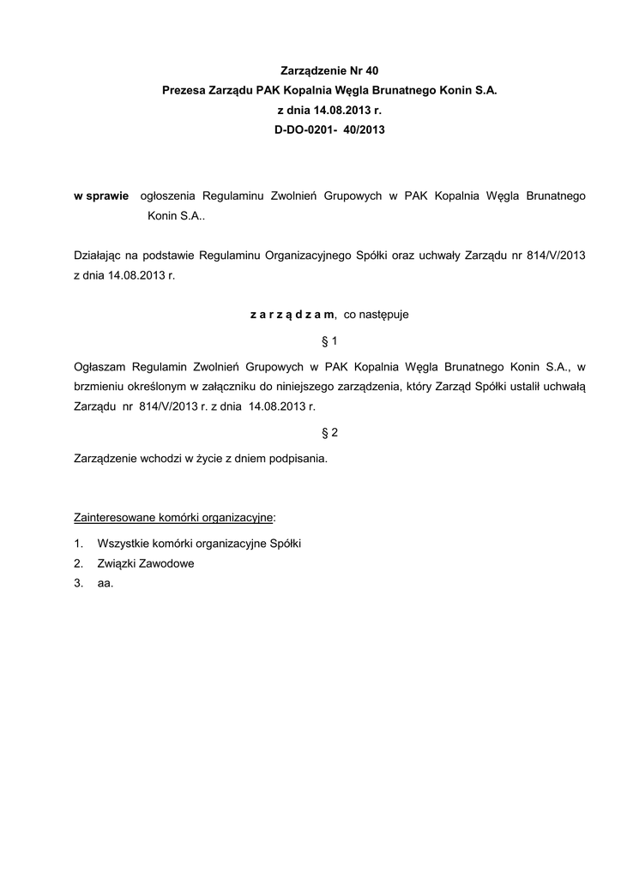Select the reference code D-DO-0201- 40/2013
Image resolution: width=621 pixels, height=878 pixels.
(x=330, y=133)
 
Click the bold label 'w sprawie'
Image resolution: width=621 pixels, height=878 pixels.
(x=101, y=196)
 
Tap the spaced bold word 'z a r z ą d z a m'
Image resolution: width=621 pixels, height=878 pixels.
(x=292, y=314)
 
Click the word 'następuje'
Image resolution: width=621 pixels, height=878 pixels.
(x=377, y=314)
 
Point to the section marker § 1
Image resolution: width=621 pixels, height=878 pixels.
(x=330, y=341)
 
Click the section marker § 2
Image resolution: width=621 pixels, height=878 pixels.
(x=330, y=432)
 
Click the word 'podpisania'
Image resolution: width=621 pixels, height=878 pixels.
(x=298, y=459)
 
